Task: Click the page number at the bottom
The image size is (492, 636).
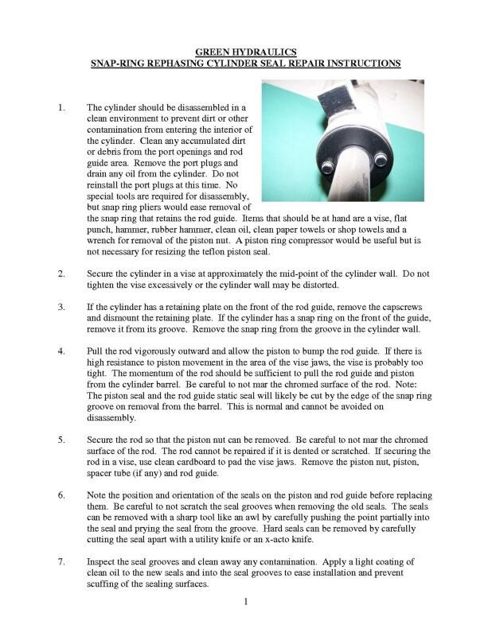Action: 247,602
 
